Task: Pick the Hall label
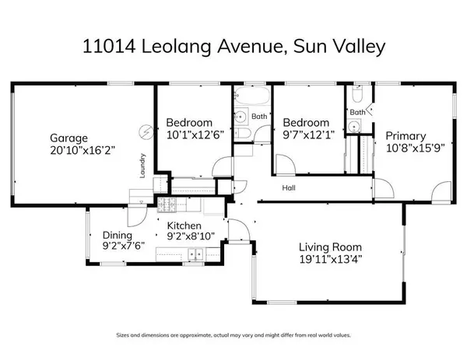coord(289,187)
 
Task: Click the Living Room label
coord(330,247)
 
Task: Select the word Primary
coord(405,136)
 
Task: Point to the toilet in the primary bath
coord(355,98)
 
